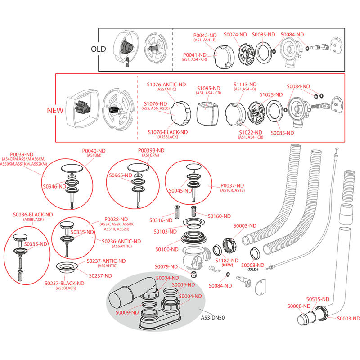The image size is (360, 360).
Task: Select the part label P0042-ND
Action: click(205, 35)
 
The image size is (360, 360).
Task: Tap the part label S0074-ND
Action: click(235, 35)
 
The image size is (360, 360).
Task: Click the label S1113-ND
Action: click(245, 85)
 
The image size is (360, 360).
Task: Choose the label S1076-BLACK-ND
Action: click(167, 132)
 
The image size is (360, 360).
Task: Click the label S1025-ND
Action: click(271, 95)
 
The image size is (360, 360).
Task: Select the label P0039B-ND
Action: click(151, 150)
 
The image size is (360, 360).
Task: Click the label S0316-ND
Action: click(162, 220)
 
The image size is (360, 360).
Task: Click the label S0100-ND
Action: click(167, 249)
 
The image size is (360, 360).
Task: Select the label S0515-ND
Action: click(318, 299)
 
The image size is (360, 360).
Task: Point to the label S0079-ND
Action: click(166, 266)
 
